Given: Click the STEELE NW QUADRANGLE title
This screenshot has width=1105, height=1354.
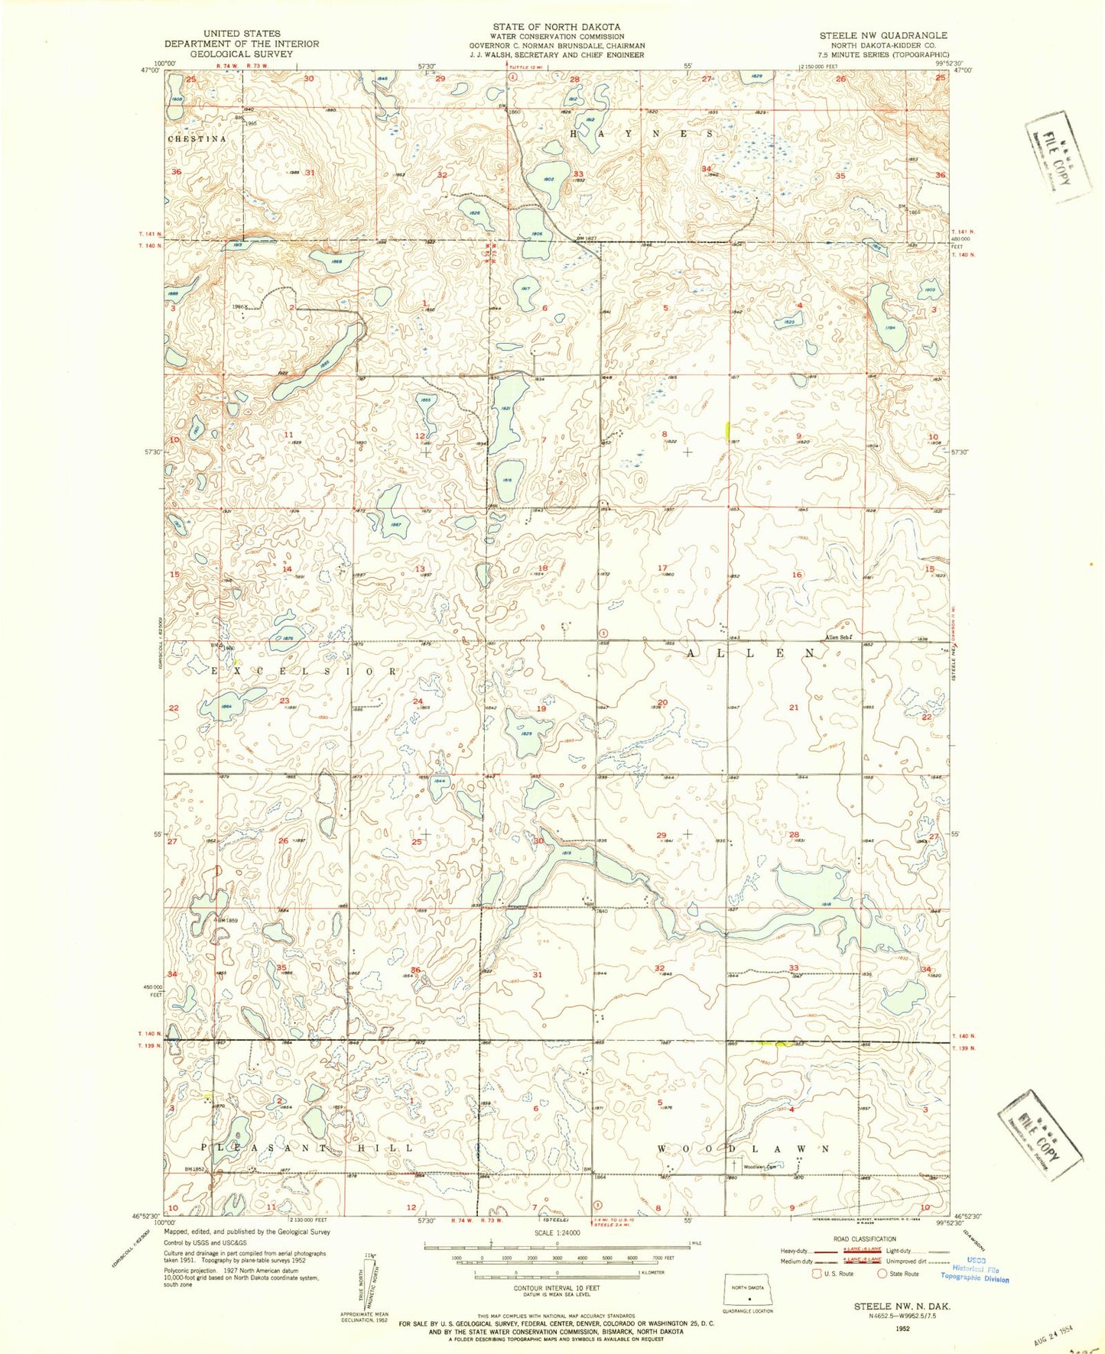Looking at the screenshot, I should tap(882, 35).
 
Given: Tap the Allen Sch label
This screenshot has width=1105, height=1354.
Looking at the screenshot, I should tap(837, 637).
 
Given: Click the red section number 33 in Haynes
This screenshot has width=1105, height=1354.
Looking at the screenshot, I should tap(578, 174).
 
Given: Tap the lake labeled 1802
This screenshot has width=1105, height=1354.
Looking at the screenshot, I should tap(548, 179).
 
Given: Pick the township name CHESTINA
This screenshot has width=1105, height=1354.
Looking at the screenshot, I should tap(197, 139).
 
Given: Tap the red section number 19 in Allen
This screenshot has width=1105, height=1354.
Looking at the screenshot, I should tap(541, 709).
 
